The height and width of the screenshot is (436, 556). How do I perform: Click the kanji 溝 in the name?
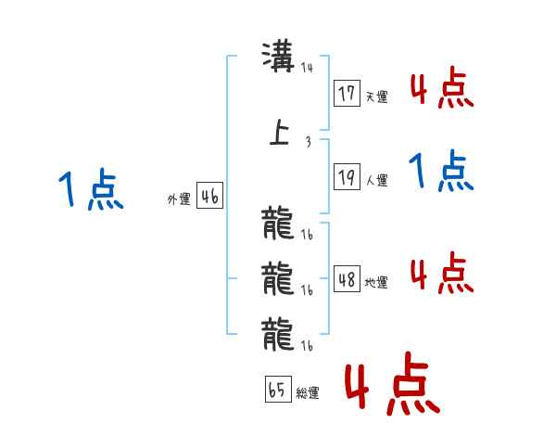pyautogui.click(x=278, y=57)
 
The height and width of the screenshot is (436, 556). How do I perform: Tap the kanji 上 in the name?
pyautogui.click(x=280, y=132)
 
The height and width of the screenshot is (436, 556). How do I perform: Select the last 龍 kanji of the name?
pyautogui.click(x=278, y=334)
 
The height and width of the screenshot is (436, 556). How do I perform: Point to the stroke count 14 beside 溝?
pyautogui.click(x=307, y=68)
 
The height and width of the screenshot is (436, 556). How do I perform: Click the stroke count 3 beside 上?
pyautogui.click(x=309, y=142)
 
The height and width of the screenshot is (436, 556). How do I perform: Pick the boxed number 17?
pyautogui.click(x=347, y=93)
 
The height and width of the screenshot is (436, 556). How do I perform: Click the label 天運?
pyautogui.click(x=377, y=96)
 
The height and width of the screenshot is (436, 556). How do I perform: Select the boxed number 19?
pyautogui.click(x=347, y=176)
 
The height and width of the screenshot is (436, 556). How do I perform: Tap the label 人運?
pyautogui.click(x=377, y=180)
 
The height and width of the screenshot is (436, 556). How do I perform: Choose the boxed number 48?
pyautogui.click(x=347, y=278)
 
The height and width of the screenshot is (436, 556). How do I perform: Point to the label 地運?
pyautogui.click(x=376, y=282)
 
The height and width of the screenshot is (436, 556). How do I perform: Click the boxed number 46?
pyautogui.click(x=210, y=196)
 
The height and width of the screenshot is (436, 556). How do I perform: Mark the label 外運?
pyautogui.click(x=179, y=199)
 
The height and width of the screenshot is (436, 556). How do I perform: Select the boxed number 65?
pyautogui.click(x=278, y=389)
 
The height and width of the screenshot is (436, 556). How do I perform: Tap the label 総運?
pyautogui.click(x=308, y=392)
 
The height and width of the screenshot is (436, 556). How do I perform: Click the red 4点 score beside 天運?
pyautogui.click(x=442, y=87)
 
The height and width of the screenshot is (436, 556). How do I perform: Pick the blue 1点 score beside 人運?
pyautogui.click(x=441, y=171)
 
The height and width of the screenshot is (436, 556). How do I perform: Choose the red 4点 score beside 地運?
pyautogui.click(x=442, y=273)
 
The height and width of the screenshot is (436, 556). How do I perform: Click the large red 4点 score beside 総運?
pyautogui.click(x=392, y=383)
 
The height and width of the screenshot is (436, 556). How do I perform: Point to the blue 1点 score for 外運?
pyautogui.click(x=91, y=189)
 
